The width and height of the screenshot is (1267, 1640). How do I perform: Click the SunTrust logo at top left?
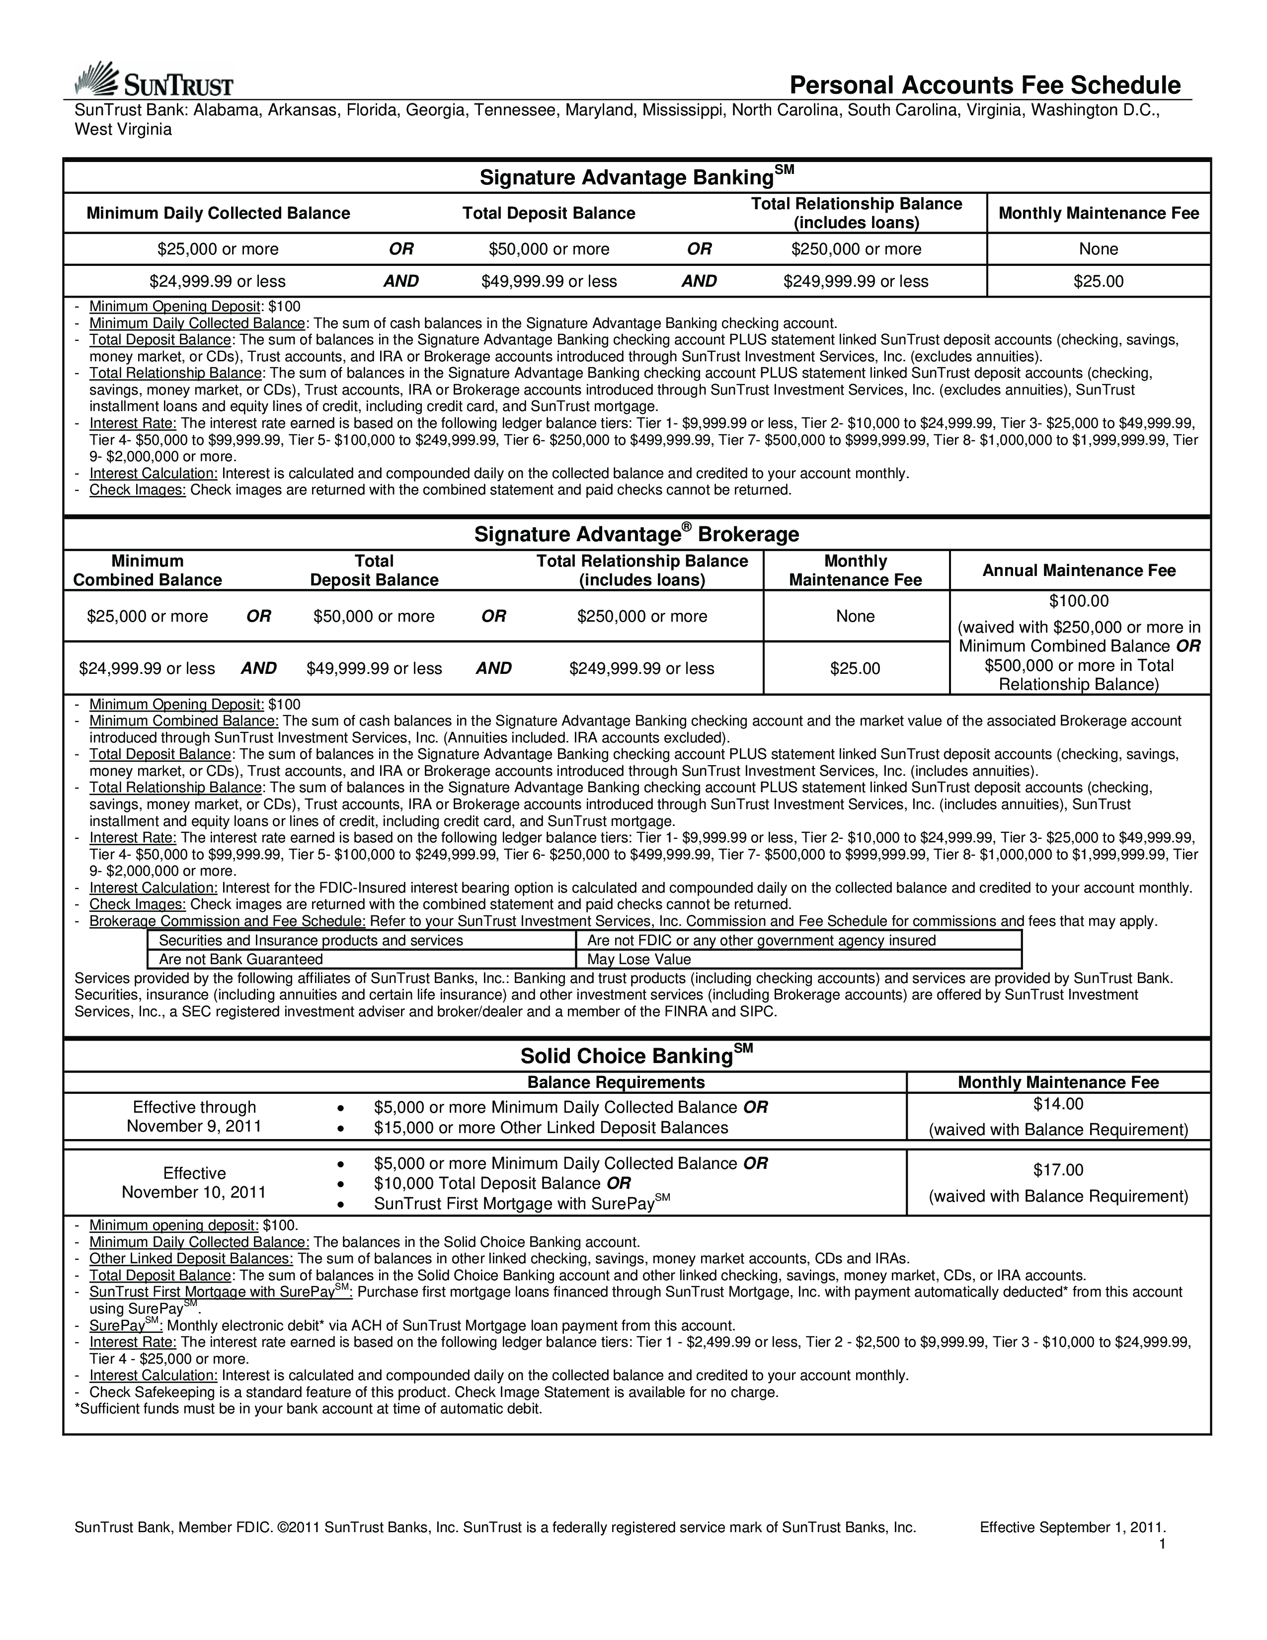click(154, 81)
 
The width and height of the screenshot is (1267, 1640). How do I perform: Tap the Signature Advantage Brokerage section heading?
click(636, 534)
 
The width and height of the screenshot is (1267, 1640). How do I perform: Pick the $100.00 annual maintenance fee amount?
click(1079, 601)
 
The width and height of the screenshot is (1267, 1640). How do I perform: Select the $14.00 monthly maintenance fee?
click(1058, 1104)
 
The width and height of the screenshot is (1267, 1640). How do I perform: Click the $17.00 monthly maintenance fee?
click(1058, 1170)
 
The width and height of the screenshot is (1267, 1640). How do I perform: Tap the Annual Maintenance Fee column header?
click(1079, 571)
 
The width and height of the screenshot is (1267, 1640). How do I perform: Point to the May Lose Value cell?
click(639, 960)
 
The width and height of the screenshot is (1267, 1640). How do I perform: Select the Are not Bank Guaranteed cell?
click(241, 960)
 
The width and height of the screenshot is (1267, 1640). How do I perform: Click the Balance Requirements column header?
click(616, 1082)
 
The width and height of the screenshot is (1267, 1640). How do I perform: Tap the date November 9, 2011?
click(194, 1126)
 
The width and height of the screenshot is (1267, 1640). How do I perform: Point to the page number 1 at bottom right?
click(1162, 1544)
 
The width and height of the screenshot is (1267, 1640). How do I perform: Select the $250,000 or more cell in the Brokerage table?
click(642, 617)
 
